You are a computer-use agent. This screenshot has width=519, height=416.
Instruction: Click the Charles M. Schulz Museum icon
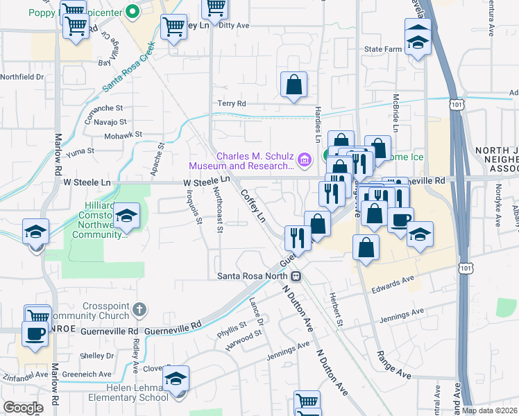(x=305, y=160)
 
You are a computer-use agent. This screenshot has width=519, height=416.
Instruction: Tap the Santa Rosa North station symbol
(x=296, y=276)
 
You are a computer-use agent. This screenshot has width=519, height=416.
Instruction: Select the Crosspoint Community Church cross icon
(x=139, y=309)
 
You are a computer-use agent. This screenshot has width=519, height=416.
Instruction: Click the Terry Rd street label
(x=232, y=103)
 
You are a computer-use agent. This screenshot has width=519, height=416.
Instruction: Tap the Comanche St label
(x=103, y=109)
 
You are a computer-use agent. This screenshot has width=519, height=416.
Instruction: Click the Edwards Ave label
(x=392, y=284)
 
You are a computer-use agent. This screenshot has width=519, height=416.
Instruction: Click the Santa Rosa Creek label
(x=128, y=72)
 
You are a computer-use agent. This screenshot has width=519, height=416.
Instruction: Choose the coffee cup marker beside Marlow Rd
(x=35, y=333)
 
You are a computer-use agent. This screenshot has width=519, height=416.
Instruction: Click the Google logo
(x=23, y=408)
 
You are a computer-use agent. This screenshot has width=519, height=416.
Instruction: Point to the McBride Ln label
(x=396, y=114)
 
